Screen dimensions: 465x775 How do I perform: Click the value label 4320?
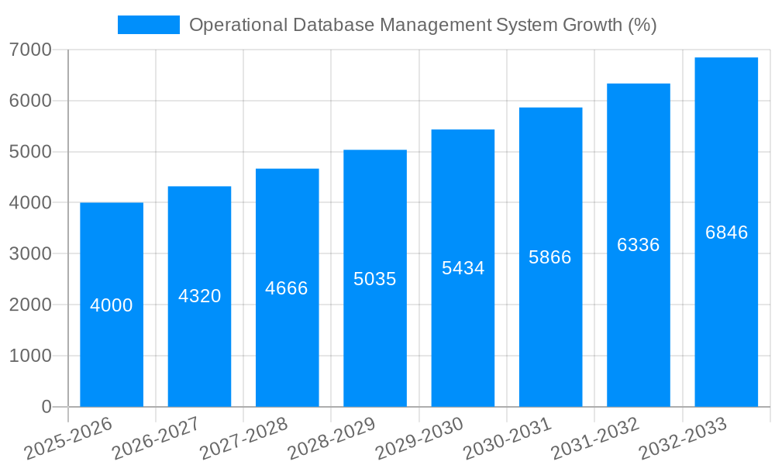[199, 296]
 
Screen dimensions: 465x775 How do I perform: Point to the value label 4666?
[287, 288]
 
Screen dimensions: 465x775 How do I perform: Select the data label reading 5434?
[463, 268]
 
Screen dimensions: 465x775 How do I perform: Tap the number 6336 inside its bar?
[638, 245]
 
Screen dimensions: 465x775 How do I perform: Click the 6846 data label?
[726, 232]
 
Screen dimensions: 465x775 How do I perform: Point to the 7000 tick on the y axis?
[31, 50]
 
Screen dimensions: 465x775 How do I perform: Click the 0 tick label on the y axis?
[46, 407]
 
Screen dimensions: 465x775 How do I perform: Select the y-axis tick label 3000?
[31, 253]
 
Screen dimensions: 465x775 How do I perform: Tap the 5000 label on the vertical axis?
[31, 152]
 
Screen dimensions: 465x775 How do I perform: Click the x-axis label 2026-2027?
[156, 439]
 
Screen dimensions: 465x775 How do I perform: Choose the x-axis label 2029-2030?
[419, 439]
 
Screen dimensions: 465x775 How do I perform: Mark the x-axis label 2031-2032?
[595, 439]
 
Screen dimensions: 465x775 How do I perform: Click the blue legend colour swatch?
[148, 25]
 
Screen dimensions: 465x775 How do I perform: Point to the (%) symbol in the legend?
[642, 25]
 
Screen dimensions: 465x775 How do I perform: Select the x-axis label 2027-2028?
[243, 439]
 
